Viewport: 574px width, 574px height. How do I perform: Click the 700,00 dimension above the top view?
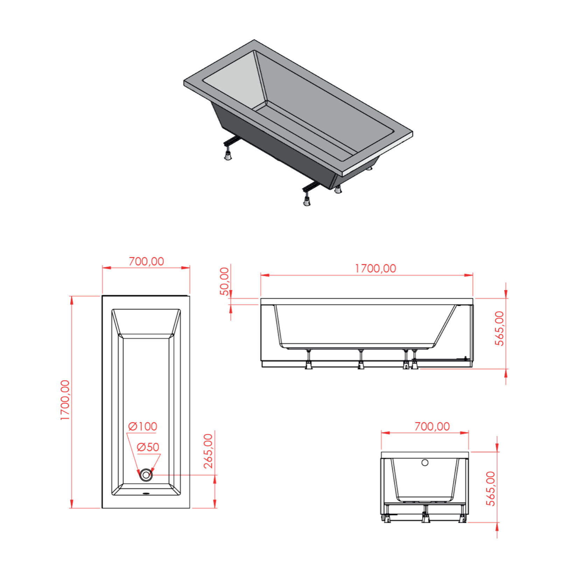(146, 261)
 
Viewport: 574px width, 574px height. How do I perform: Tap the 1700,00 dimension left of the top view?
(65, 400)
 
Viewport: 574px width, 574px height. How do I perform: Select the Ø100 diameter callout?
(142, 426)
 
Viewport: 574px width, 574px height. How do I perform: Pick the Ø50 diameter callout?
(148, 447)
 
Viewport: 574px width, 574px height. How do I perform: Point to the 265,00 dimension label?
(208, 451)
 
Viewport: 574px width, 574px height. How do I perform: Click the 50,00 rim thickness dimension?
(224, 281)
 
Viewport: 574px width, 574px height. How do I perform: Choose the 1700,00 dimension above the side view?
(375, 268)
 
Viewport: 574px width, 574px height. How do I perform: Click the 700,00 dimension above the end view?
(432, 426)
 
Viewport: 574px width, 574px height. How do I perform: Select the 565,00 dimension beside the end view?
(491, 489)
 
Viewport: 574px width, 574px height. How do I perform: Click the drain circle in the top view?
(146, 475)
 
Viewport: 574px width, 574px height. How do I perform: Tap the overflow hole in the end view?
(425, 463)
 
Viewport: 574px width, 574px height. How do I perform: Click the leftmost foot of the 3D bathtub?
(228, 155)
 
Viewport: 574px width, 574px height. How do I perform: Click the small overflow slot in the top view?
(146, 494)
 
